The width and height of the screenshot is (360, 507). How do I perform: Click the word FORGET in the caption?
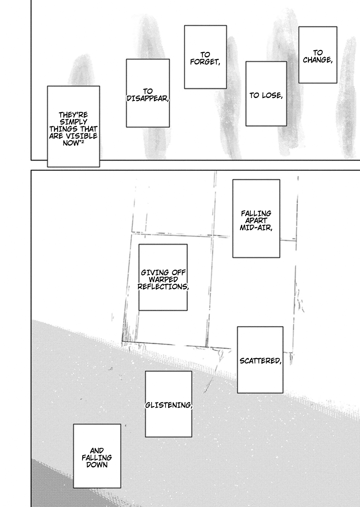pos(204,62)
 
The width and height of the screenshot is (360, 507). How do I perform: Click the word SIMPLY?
pos(73,122)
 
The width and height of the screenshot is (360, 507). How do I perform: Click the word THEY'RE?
pos(73,115)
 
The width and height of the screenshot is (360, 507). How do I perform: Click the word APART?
pos(256,220)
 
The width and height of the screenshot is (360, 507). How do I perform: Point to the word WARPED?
pos(163,279)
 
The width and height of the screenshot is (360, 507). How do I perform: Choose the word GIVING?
pos(152,272)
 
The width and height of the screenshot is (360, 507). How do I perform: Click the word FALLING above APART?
pos(256,213)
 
